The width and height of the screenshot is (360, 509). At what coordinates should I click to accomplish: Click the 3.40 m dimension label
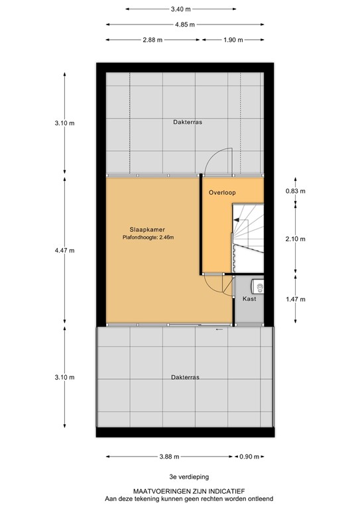(181, 9)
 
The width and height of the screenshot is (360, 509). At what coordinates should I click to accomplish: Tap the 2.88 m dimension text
(152, 40)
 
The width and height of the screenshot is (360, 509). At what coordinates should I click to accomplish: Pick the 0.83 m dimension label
(295, 192)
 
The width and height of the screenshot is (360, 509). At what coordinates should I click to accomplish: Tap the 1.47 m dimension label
(295, 299)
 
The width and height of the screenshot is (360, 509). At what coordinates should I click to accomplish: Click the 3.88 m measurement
(169, 457)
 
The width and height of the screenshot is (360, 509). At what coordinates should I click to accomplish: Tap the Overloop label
(221, 193)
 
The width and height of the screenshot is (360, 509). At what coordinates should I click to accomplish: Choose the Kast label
(249, 299)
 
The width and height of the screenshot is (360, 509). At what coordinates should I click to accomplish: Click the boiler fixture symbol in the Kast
(259, 286)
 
